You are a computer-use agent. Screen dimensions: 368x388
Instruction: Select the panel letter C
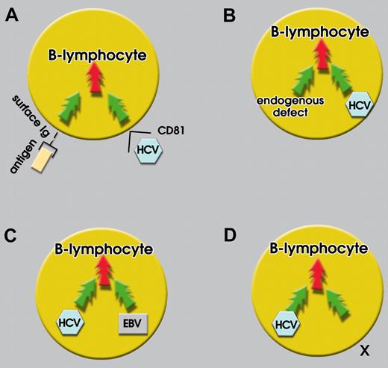click(13, 234)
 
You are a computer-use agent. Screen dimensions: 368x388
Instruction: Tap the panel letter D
click(230, 234)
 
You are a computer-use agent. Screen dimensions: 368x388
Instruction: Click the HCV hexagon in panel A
click(145, 154)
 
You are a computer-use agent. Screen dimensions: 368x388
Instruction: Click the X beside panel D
click(364, 348)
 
